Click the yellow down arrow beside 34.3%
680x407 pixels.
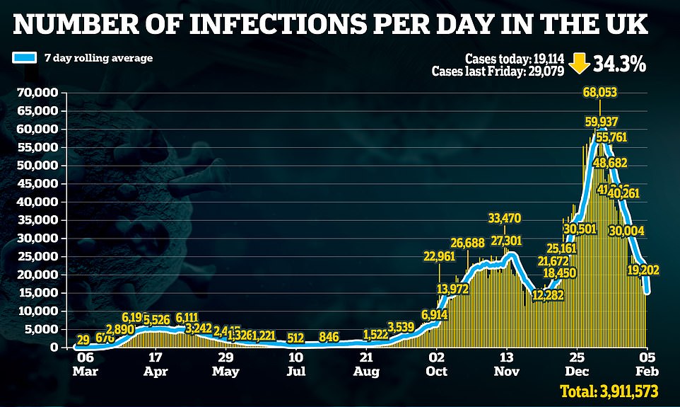pos(579,64)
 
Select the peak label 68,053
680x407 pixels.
pos(600,93)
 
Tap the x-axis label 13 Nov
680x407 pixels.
pos(506,364)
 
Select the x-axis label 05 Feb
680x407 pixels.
pos(647,364)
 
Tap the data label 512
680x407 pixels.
pos(295,337)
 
